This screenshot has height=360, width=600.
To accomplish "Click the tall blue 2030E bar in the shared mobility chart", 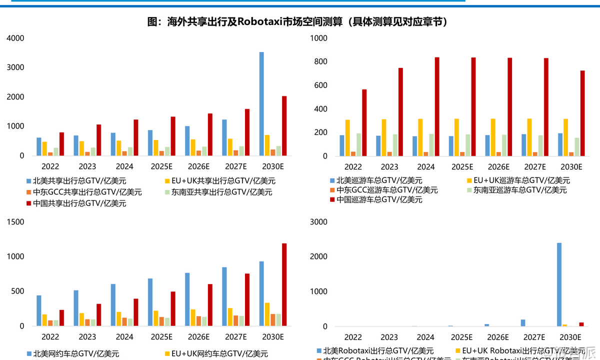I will pyautogui.click(x=261, y=103).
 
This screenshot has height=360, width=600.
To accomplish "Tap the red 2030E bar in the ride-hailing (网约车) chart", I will pyautogui.click(x=284, y=284).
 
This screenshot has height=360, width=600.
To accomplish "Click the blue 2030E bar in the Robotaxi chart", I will pyautogui.click(x=559, y=284).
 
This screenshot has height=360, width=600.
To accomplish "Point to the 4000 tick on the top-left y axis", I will pyautogui.click(x=15, y=38).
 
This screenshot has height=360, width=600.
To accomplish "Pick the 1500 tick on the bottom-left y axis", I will pyautogui.click(x=15, y=222).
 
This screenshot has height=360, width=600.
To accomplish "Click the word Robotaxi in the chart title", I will pyautogui.click(x=259, y=21).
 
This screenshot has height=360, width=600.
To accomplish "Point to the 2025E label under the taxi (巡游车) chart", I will pyautogui.click(x=462, y=167).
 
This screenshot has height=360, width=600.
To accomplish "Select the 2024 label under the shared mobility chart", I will pyautogui.click(x=124, y=167).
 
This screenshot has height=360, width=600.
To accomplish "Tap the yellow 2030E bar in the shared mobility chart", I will pyautogui.click(x=267, y=145).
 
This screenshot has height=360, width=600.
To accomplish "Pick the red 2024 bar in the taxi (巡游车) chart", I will pyautogui.click(x=437, y=106).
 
